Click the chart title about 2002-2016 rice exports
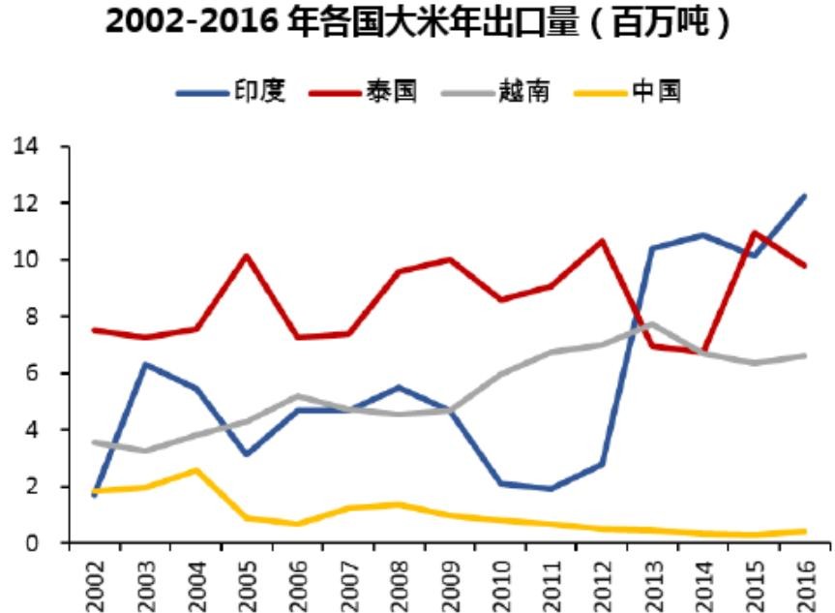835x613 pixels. point(417,23)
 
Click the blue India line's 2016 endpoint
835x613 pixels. point(803,197)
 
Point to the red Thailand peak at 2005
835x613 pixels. point(247,256)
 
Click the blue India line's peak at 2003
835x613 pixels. point(145,364)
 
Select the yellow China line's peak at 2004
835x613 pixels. point(196,471)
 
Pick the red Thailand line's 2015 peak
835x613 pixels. point(753,232)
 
